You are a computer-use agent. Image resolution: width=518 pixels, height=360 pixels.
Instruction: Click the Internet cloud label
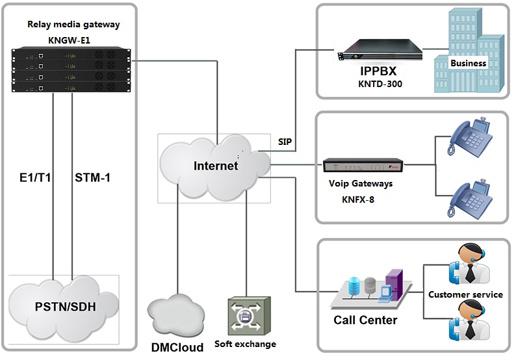[216, 166]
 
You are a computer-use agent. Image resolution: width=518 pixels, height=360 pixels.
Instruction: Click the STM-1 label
[93, 177]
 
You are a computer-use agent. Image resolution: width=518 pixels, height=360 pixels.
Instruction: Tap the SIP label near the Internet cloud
[285, 141]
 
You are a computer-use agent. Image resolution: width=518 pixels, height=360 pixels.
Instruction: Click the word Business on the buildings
[468, 63]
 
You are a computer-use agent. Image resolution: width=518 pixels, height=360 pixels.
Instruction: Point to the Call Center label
[365, 320]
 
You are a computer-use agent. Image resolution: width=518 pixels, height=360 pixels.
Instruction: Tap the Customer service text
[465, 294]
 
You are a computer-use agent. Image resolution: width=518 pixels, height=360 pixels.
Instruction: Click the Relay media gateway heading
[73, 25]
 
